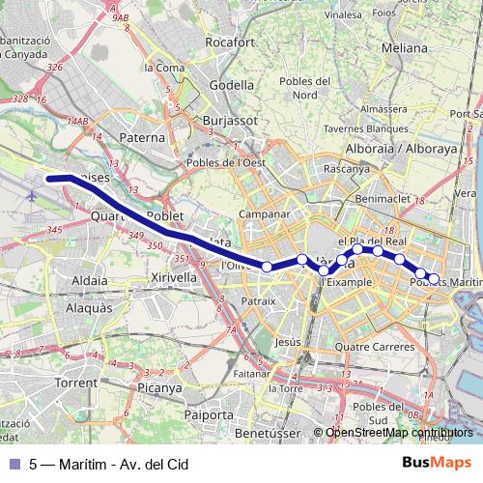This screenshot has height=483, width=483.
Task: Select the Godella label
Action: point(231,84)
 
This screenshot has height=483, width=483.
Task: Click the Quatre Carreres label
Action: point(368,348)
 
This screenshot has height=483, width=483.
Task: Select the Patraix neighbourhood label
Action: point(258,301)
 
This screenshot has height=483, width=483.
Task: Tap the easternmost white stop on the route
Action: point(434,278)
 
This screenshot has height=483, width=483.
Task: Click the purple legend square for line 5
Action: point(12,463)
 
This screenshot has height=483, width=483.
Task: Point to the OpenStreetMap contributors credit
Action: point(400,434)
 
